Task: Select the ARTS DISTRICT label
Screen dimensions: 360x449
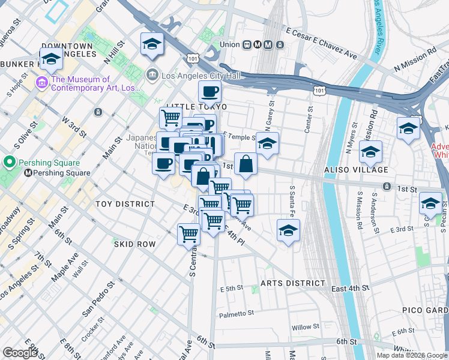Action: coord(293,283)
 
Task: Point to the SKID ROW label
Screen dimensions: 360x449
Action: coord(135,244)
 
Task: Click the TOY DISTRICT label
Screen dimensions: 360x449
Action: coord(125,204)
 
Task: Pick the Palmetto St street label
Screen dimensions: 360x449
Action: coord(237,314)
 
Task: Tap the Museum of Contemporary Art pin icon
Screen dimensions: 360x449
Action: coord(42,82)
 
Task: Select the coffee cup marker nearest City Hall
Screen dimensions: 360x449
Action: coord(209,91)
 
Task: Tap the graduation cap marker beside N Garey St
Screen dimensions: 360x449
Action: coord(268,143)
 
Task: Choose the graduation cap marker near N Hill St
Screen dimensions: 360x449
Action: coord(152,43)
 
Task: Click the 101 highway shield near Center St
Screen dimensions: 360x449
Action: coord(318,90)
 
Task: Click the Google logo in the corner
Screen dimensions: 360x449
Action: coord(19,353)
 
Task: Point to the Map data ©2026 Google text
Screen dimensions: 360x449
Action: coord(411,355)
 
